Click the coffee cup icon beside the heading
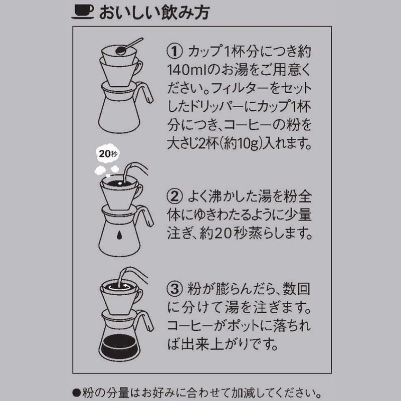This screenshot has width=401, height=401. coord(83,12)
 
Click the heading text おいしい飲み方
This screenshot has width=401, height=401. coord(154,12)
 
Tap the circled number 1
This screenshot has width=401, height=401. coord(174,51)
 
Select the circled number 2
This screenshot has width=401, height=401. coord(174,196)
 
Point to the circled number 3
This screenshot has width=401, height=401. coord(174,289)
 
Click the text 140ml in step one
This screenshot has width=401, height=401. coord(186,70)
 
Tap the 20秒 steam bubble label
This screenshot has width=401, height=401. coord(108,154)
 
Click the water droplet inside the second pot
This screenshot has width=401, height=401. coord(119,235)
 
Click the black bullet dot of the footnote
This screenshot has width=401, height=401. coord(77,392)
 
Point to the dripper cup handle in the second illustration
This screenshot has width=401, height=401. coord(139,191)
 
